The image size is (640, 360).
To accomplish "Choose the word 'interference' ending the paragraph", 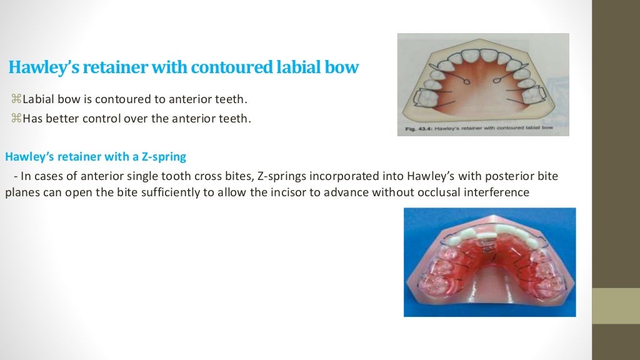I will [501, 192].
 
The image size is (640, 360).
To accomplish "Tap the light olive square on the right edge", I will [616, 306].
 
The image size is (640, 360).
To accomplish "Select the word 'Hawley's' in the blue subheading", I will [27, 156].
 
